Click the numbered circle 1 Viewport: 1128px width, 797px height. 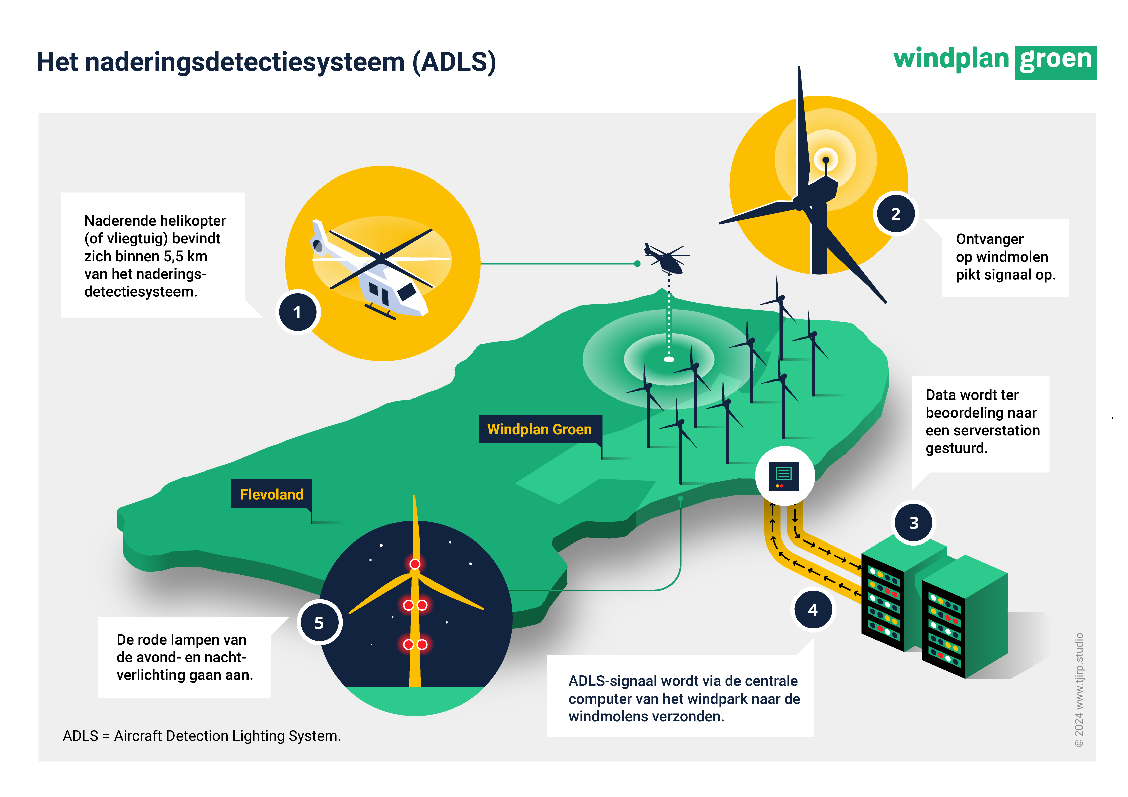pyautogui.click(x=297, y=312)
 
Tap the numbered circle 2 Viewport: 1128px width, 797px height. pyautogui.click(x=895, y=214)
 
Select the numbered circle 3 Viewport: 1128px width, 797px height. pyautogui.click(x=913, y=522)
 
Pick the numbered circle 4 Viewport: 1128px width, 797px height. pyautogui.click(x=813, y=610)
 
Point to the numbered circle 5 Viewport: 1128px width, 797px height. pyautogui.click(x=319, y=623)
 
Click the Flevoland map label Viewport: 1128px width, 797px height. pyautogui.click(x=271, y=494)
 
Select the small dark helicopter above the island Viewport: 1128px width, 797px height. pyautogui.click(x=667, y=259)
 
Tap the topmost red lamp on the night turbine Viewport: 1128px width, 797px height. pyautogui.click(x=415, y=564)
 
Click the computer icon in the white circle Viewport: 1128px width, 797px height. pyautogui.click(x=784, y=476)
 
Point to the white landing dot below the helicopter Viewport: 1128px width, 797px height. pyautogui.click(x=668, y=359)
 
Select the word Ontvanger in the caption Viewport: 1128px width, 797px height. pyautogui.click(x=989, y=239)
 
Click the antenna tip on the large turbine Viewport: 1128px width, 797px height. pyautogui.click(x=825, y=160)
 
